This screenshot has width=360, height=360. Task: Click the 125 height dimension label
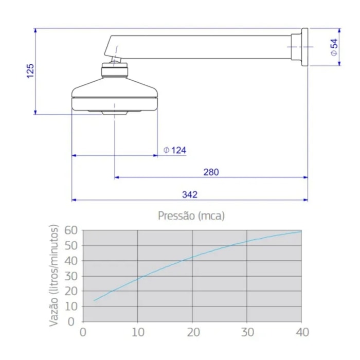(x=30, y=71)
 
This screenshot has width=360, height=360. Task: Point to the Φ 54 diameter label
(x=334, y=47)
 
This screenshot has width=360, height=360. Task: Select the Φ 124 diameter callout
(x=175, y=150)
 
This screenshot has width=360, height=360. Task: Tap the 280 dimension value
(x=211, y=172)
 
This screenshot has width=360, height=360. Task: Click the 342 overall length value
(x=190, y=194)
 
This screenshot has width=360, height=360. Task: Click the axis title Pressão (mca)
(x=191, y=216)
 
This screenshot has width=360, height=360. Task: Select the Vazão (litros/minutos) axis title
(x=54, y=275)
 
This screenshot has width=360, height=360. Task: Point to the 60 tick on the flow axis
(x=71, y=230)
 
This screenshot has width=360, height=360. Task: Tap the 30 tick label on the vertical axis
(x=71, y=276)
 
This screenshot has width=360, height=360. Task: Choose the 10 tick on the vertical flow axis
(x=71, y=307)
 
